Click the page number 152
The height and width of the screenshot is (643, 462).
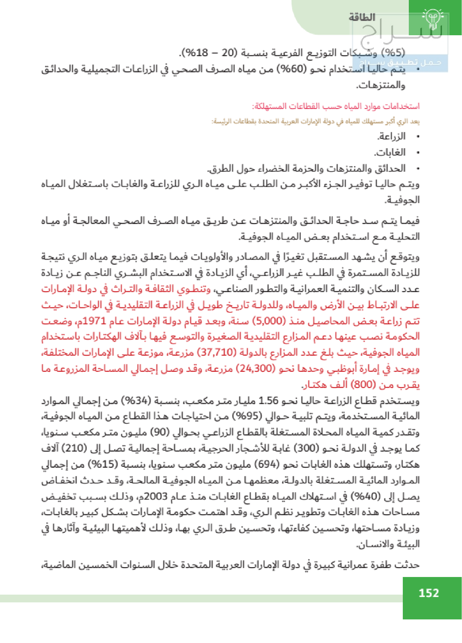pos(429,593)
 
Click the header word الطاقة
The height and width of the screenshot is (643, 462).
pos(362,17)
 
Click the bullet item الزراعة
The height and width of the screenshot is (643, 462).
pos(391,136)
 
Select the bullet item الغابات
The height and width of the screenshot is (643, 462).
pos(390,153)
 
